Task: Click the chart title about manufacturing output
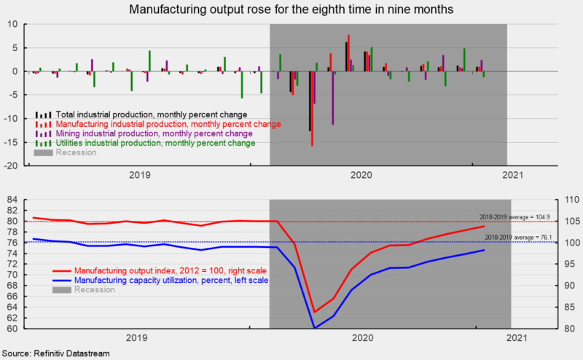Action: [291, 10]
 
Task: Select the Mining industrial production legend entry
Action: [152, 134]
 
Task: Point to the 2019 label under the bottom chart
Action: [137, 338]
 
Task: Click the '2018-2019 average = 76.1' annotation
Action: [514, 238]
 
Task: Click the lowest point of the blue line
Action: [314, 328]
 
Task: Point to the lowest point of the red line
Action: [314, 312]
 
